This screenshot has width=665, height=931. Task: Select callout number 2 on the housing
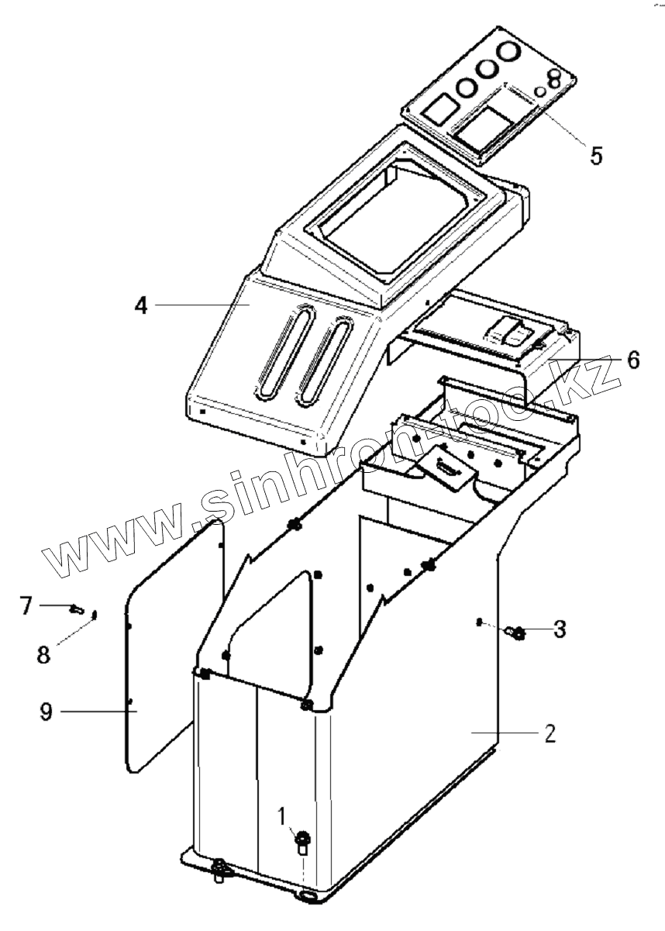549,733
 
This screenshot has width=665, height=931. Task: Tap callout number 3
559,629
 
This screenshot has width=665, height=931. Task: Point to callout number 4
140,305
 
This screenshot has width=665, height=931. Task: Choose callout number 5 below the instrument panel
595,154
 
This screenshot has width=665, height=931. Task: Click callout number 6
633,360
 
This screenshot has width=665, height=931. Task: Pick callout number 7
26,604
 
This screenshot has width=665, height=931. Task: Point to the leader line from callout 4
198,305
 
